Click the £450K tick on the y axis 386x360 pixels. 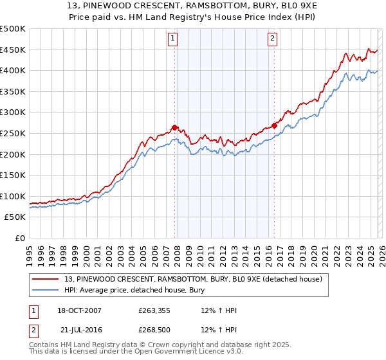pyautogui.click(x=13, y=50)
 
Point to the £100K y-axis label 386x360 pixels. pyautogui.click(x=13, y=196)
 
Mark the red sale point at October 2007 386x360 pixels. pyautogui.click(x=174, y=127)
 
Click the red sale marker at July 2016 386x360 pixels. pyautogui.click(x=274, y=125)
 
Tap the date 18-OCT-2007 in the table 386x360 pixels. pyautogui.click(x=78, y=310)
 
